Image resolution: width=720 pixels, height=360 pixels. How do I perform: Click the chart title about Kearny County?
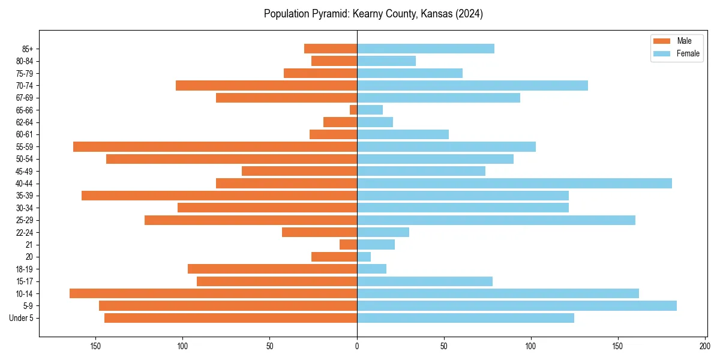point(373,14)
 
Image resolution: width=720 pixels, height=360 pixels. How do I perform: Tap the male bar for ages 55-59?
point(215,146)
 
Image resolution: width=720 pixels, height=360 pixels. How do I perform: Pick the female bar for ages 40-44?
point(514,184)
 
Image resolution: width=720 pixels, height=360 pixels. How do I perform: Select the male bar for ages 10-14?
point(213,293)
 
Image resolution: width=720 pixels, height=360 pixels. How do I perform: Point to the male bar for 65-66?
point(353,110)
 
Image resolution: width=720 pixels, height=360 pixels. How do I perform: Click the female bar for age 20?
point(364,257)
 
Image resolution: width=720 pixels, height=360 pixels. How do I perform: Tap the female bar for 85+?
point(425,49)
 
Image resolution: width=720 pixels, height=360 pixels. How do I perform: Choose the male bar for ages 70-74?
point(266,85)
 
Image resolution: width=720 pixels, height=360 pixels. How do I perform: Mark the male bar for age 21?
point(348,245)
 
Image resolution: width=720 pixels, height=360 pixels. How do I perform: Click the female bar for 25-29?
point(496,220)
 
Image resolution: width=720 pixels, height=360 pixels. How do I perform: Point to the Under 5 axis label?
point(21,318)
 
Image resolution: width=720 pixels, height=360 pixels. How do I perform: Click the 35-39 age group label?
point(24,196)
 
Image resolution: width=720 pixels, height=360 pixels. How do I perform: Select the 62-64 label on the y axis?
point(24,122)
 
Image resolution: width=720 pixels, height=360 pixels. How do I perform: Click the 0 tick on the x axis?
point(357,346)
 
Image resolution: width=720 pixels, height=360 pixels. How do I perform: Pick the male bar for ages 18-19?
point(272,269)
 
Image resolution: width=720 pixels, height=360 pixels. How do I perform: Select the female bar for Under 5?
point(466,318)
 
